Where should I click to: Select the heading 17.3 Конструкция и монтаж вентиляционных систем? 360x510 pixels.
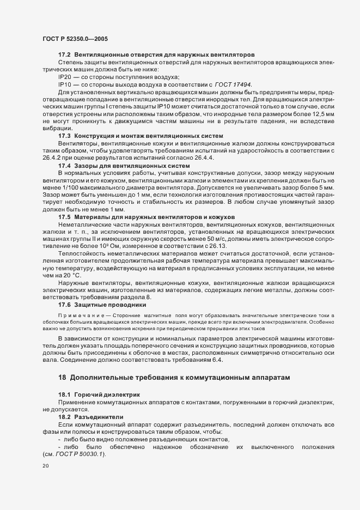tap(141, 135)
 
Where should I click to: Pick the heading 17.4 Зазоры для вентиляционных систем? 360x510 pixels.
tap(124, 164)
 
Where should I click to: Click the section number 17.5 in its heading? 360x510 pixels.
tap(65, 217)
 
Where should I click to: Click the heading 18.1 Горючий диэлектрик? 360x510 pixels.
tap(99, 393)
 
